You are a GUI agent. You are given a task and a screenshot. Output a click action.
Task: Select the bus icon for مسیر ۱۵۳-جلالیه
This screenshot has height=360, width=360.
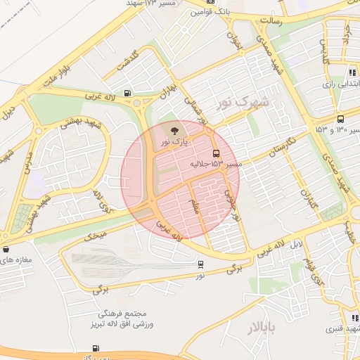(215, 153)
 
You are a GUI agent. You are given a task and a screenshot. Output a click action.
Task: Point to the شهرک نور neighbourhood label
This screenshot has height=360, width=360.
(243, 103)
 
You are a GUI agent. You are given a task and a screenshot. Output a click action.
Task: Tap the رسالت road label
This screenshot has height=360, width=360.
(271, 20)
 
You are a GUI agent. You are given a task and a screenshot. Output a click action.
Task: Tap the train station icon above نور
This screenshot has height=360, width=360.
(200, 264)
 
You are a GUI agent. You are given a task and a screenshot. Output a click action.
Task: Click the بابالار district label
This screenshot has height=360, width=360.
(261, 328)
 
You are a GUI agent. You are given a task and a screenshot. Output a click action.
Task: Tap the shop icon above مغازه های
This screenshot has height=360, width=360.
(6, 249)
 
